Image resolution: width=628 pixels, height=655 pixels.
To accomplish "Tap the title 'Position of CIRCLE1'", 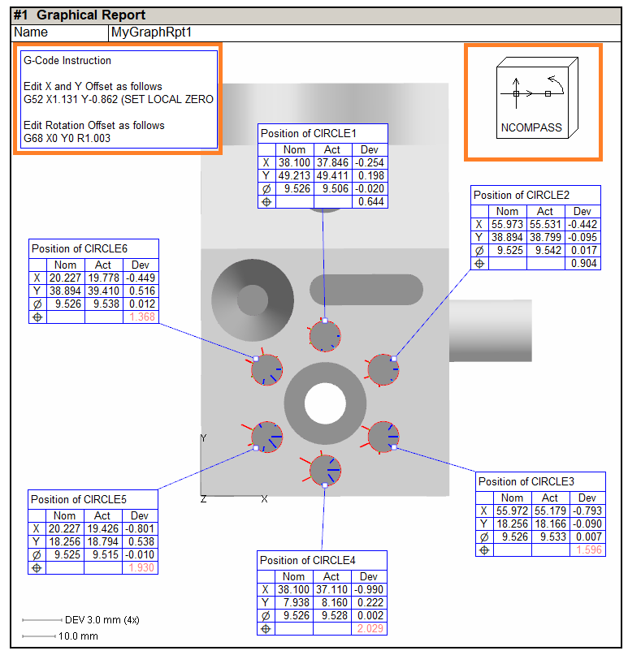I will point(308,133).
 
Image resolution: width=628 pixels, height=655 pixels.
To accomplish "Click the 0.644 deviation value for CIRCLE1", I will point(372,201).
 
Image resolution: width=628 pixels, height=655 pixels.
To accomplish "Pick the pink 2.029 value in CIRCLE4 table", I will point(370,629).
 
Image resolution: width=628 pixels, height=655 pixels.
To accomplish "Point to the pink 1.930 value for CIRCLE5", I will point(141,567).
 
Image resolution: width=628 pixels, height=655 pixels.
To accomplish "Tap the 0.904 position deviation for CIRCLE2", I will point(585,264).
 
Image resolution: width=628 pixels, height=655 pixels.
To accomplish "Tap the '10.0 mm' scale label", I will point(78,636).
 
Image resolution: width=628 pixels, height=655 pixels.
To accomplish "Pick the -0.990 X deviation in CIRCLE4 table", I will point(370,590).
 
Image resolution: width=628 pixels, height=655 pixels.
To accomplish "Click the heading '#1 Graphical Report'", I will point(80,15).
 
